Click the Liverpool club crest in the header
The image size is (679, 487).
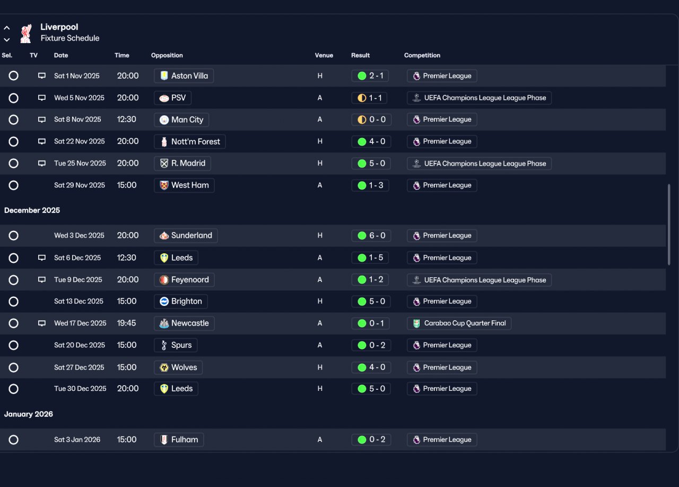point(26,33)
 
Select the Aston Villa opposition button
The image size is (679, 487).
point(184,76)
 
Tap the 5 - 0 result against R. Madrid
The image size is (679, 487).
point(371,163)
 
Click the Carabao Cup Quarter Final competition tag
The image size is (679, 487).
point(459,323)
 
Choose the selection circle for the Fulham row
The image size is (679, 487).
point(13,440)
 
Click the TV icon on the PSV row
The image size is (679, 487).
point(42,98)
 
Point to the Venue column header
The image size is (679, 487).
point(324,55)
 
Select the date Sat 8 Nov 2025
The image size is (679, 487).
point(77,119)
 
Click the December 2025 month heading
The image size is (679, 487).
point(32,210)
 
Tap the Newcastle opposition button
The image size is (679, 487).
point(184,323)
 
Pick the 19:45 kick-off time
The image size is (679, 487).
point(126,323)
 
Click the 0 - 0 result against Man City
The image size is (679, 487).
point(371,119)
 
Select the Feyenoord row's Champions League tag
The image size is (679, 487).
point(479,280)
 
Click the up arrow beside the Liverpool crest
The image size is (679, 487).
point(7,28)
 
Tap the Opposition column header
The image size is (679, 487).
point(167,55)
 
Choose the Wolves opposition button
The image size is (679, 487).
point(178,368)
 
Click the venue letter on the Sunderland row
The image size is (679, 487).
point(320,235)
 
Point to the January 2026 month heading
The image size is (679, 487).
point(29,414)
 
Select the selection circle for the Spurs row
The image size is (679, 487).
point(13,345)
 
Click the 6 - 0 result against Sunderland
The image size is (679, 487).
point(371,235)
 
